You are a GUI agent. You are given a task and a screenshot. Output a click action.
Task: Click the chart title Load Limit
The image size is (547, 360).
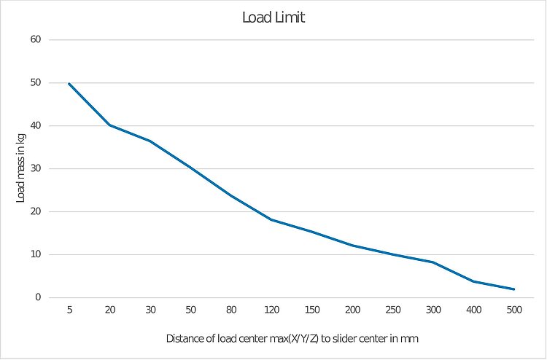pos(273,17)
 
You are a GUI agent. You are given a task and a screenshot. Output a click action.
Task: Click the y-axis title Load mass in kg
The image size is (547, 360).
pos(21,169)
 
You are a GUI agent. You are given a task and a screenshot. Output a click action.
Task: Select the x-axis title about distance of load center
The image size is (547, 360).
pos(292,338)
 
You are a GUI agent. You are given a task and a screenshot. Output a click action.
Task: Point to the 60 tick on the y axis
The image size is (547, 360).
pos(34,39)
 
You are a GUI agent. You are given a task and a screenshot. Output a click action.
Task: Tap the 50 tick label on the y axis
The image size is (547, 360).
pos(34,82)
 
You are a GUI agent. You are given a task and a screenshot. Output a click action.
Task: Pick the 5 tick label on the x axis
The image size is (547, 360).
pos(69,310)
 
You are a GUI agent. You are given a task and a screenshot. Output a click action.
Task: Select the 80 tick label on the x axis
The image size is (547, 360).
pos(231,310)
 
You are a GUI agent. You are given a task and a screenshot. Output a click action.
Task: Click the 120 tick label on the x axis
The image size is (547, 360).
pos(271,310)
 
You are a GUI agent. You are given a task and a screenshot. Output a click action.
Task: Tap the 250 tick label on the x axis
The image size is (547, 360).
pos(393,310)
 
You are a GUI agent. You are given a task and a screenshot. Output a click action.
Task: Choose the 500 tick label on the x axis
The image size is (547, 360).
pos(514,310)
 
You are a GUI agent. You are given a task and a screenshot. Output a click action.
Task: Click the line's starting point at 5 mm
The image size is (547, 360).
pos(69,84)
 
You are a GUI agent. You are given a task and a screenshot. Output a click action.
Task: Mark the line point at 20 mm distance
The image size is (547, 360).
pos(109,125)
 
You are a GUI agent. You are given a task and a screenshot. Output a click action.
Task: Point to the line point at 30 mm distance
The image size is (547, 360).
pos(150,141)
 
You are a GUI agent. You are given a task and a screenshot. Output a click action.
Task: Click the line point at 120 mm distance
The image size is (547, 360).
pos(271,219)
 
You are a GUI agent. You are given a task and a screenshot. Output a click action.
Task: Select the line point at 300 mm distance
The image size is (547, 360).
pos(433,262)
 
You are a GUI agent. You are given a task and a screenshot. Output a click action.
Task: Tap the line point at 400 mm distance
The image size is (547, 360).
pos(474,281)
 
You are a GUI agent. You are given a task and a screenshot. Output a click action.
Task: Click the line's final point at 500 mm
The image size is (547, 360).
pos(514,289)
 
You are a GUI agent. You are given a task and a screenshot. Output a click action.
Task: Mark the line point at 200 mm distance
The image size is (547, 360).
pos(352,245)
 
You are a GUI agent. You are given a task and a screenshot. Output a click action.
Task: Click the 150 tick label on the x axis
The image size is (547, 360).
pos(312,310)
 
